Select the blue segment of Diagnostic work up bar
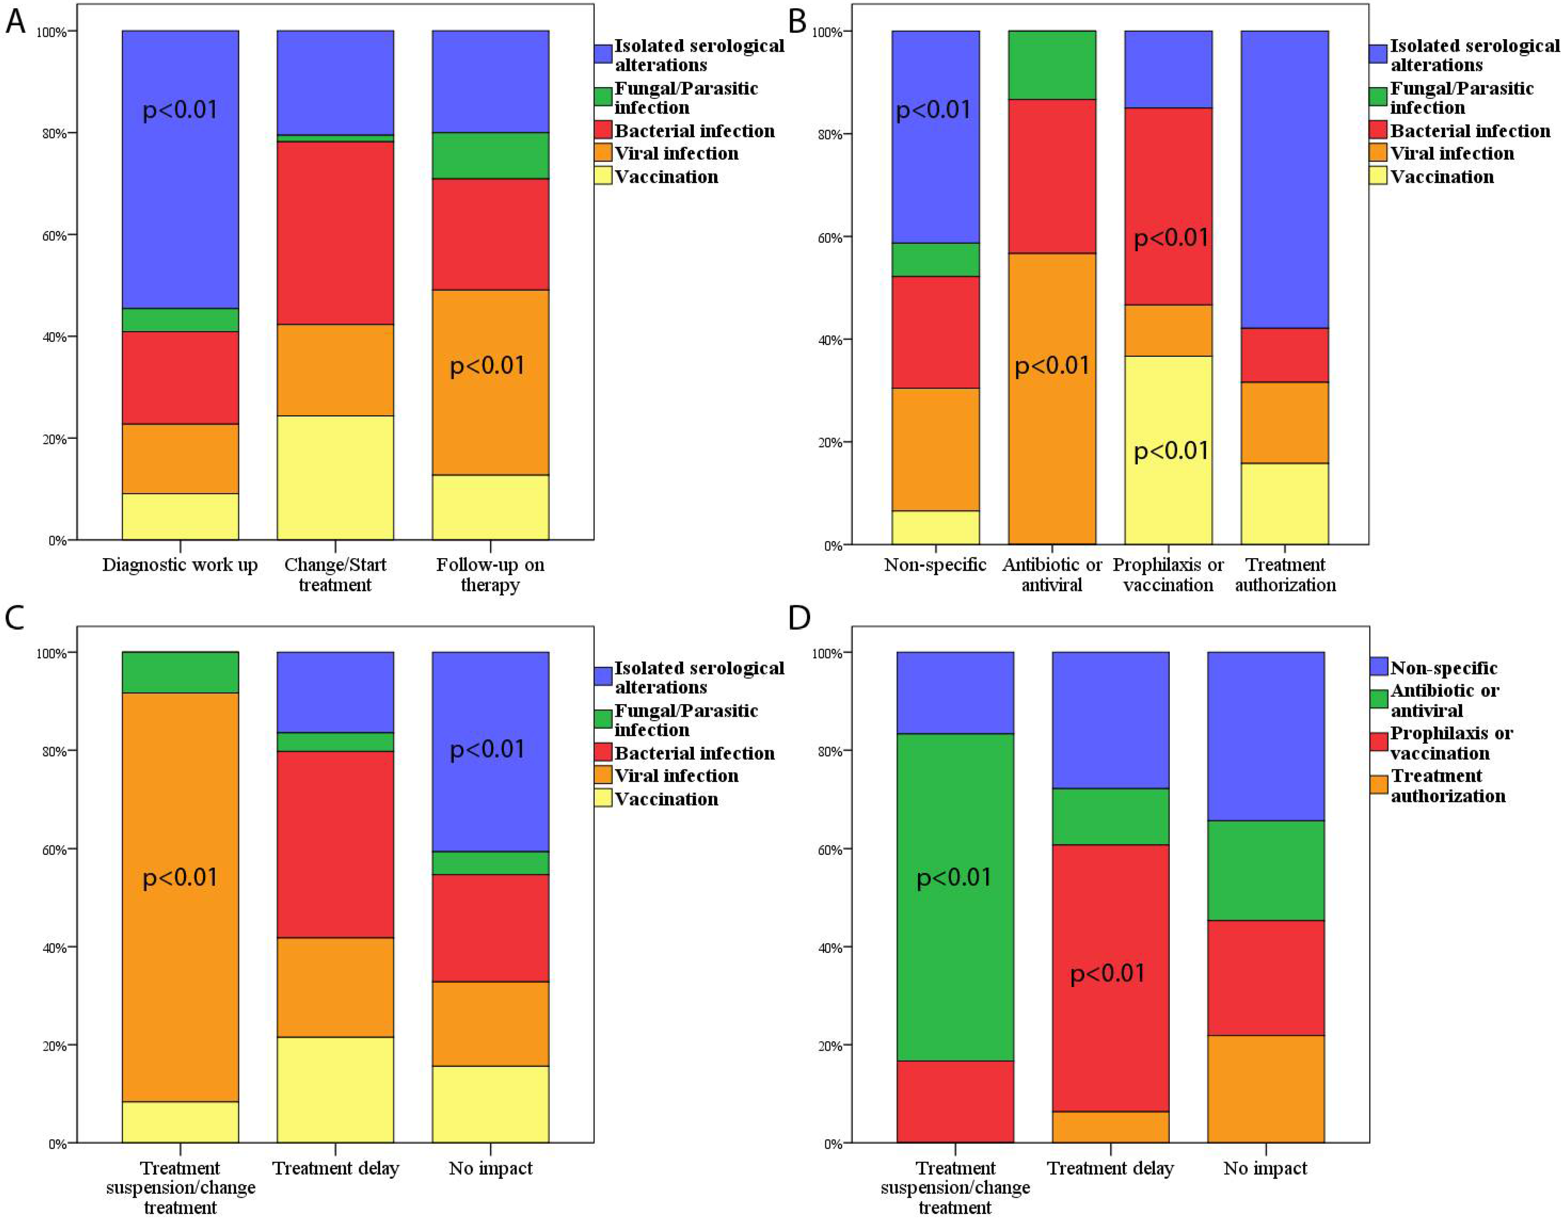180,169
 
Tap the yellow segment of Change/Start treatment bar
335,477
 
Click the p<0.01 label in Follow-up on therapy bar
487,366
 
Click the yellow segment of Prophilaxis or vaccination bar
1169,450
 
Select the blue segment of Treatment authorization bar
1284,179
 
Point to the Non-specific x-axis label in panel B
935,565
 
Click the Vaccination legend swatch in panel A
603,176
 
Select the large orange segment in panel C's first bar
180,897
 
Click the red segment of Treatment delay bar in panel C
335,844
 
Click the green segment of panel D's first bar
955,897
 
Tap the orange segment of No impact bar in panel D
1266,1089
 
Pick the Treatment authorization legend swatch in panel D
1379,785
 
